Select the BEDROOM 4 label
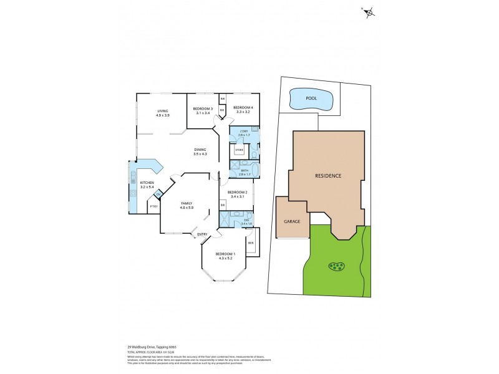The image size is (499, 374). [x=241, y=107]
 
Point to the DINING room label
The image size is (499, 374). [x=200, y=150]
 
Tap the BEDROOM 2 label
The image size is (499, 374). [x=238, y=192]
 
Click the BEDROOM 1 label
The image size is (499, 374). [x=225, y=254]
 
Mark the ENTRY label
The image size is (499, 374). [x=202, y=234]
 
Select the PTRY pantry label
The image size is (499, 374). [x=153, y=206]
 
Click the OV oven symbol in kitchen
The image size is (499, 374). [x=158, y=194]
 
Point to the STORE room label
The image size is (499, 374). [x=239, y=150]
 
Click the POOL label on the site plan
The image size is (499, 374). [x=311, y=98]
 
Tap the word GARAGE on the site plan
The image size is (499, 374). [x=293, y=221]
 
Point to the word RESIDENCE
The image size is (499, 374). [x=327, y=176]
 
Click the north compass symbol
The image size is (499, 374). [x=370, y=12]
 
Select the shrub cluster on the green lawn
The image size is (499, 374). [x=336, y=267]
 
